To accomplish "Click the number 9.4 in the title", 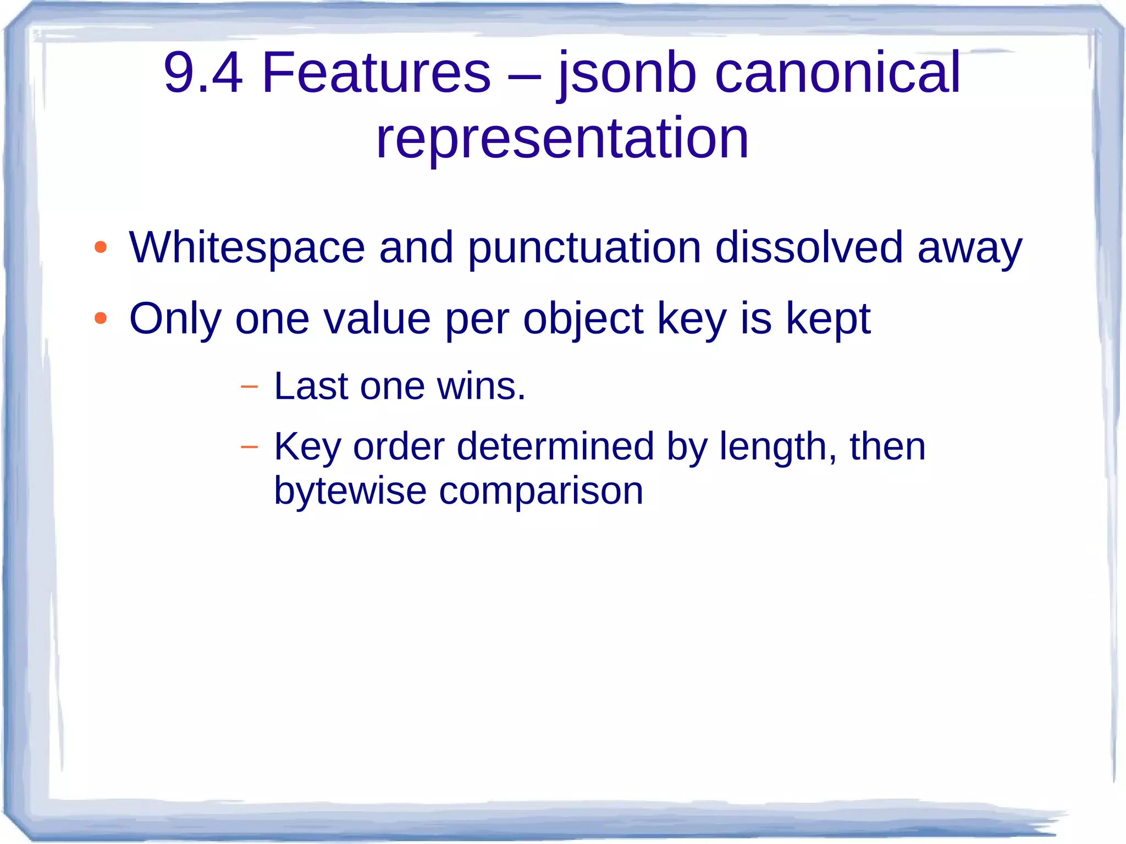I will (203, 73).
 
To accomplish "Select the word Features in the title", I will (376, 73).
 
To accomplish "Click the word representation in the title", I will (562, 139).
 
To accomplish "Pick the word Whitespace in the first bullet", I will (247, 248).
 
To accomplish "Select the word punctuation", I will (584, 248).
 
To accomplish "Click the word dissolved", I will (809, 247).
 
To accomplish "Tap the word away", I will (970, 249).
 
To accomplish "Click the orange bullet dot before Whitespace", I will (100, 247).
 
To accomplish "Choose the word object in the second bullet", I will (583, 319).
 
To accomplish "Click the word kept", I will (828, 319).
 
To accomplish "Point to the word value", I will (377, 318).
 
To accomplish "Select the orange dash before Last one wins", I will (249, 387).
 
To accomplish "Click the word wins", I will (481, 386).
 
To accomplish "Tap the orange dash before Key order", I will (249, 446).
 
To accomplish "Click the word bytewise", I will (350, 490).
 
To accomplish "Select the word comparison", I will (541, 492).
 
